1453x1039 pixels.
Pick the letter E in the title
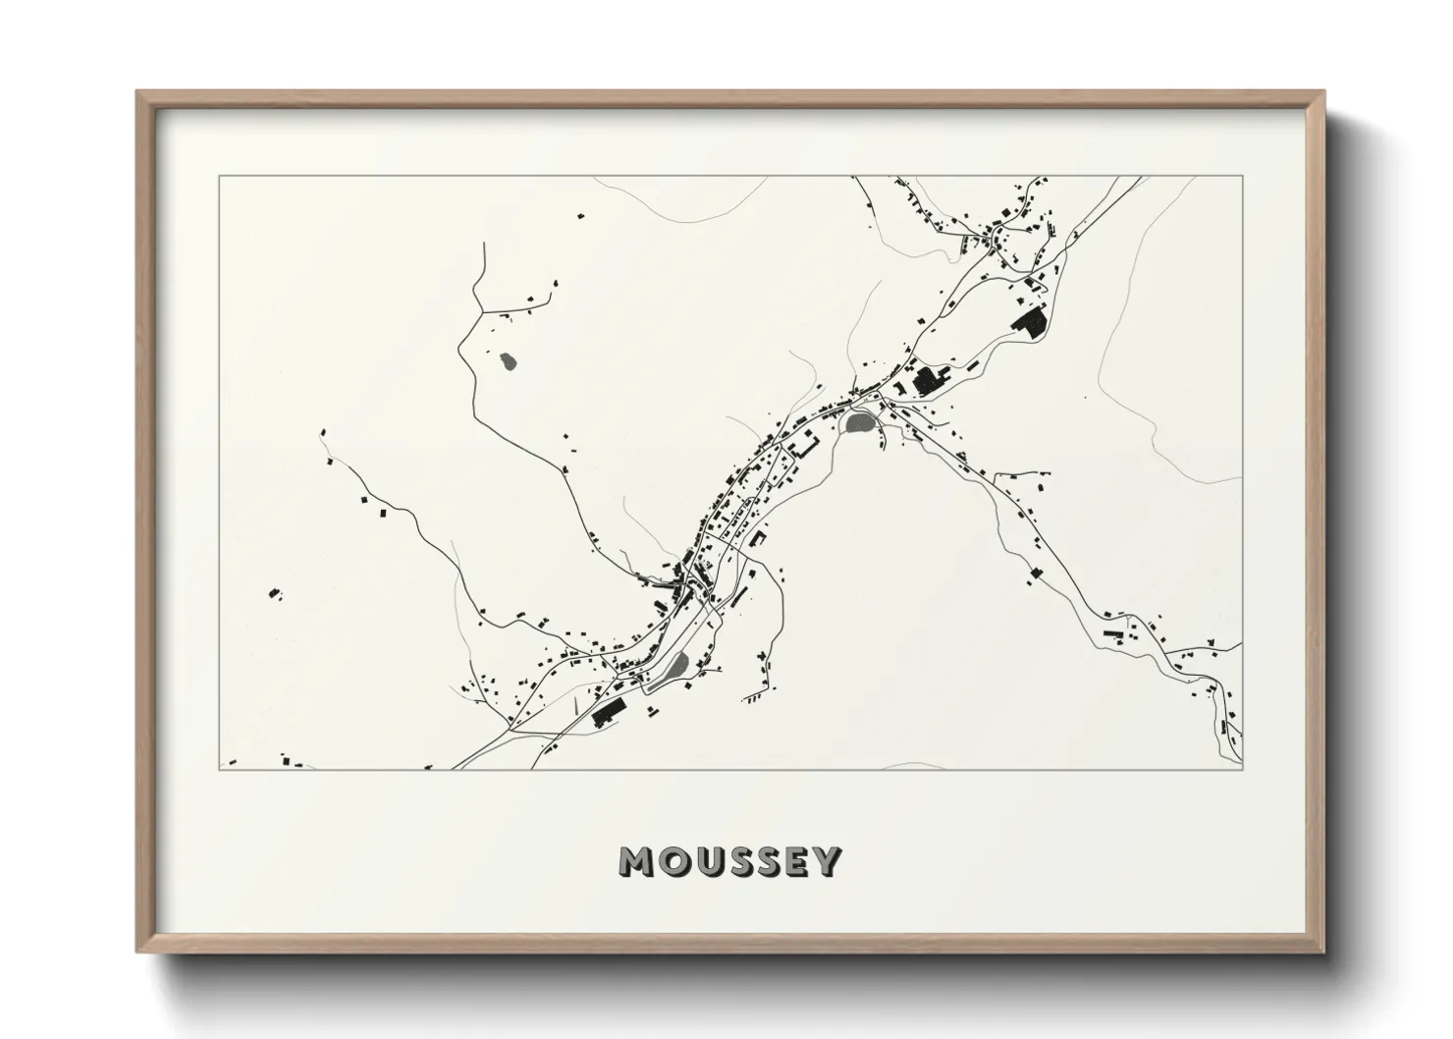796,861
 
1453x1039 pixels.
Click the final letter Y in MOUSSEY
828,861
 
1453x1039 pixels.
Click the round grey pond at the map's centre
858,423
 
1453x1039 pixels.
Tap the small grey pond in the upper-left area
508,362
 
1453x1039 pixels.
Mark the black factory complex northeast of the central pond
926,380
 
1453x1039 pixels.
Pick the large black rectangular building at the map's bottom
608,712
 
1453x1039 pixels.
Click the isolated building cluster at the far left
274,593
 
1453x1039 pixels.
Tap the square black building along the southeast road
1035,574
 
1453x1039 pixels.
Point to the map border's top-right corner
1242,177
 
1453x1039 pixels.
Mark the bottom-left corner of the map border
217,770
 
